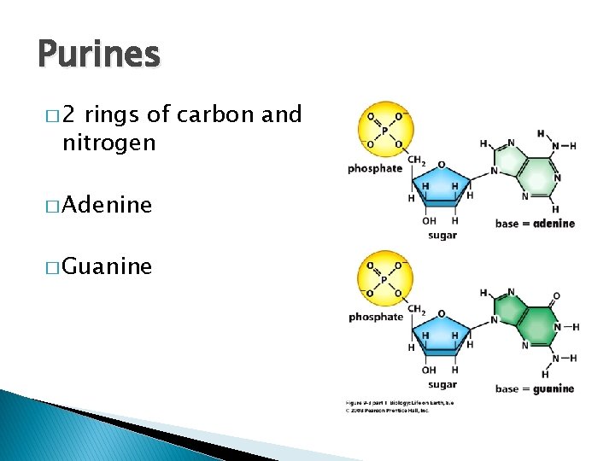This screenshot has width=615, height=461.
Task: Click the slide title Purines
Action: [98, 55]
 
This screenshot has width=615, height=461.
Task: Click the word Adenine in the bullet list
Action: [107, 205]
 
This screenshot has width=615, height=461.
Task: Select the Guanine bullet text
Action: [107, 267]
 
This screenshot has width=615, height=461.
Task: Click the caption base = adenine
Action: [535, 224]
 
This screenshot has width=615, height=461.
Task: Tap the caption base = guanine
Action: [535, 388]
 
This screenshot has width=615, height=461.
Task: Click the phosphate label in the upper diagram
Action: [374, 168]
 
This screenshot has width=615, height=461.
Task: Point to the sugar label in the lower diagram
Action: [442, 385]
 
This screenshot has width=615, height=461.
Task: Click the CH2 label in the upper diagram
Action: [417, 160]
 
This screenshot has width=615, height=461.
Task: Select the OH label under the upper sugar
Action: [429, 221]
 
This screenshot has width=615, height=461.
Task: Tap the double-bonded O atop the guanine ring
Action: [557, 296]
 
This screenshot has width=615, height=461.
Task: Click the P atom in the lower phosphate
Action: [385, 278]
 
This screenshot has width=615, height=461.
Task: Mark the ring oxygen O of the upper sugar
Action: [441, 165]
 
